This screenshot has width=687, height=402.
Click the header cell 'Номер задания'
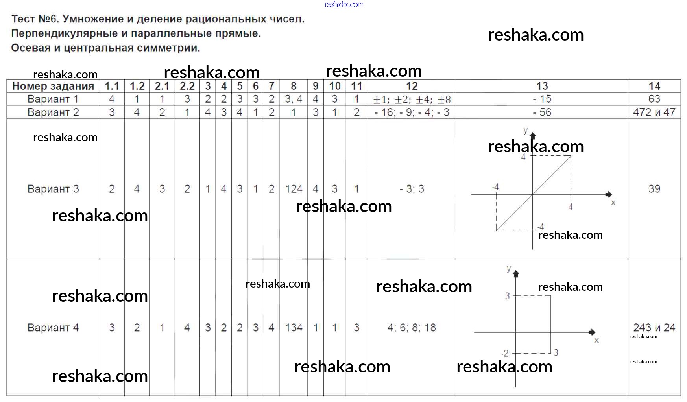(53, 86)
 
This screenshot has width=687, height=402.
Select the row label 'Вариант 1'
(53, 99)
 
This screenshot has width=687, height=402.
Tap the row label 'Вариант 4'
(53, 328)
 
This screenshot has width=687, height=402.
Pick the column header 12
(412, 86)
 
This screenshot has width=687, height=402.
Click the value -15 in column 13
(542, 99)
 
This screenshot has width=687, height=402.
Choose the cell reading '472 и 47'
(654, 112)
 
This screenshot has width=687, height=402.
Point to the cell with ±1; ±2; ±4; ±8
(412, 100)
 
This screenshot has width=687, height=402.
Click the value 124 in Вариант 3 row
(294, 189)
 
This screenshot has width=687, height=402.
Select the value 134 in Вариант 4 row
(294, 328)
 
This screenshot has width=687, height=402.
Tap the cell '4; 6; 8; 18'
(412, 328)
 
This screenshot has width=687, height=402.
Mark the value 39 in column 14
(654, 189)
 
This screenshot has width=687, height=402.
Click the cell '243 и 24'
(654, 328)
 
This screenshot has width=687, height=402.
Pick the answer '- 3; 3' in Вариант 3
(412, 189)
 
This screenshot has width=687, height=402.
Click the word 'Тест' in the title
(23, 19)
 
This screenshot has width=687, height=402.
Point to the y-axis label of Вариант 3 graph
(525, 130)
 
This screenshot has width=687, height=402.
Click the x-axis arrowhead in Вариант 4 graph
(592, 332)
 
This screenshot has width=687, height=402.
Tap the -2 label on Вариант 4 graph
(505, 353)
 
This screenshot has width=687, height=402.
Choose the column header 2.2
(187, 86)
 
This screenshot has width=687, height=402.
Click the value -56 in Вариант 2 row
(542, 112)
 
